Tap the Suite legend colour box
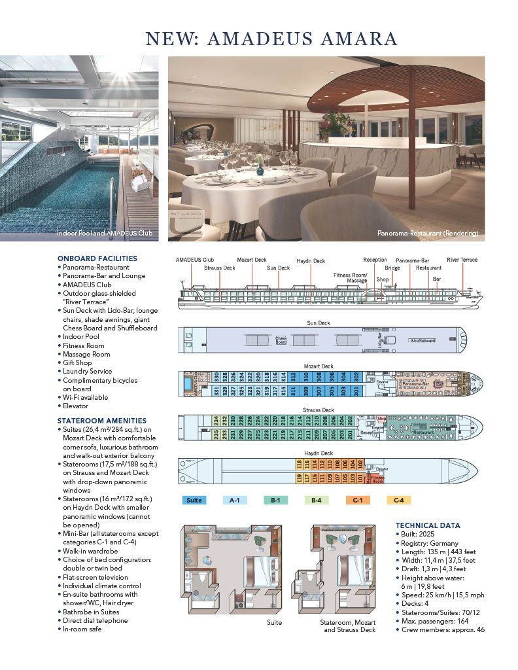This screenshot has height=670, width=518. point(194,501)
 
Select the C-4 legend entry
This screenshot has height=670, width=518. point(398,501)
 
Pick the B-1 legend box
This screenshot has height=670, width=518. point(275,501)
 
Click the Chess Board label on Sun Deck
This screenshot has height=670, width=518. point(281,340)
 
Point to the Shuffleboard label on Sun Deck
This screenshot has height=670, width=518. point(424,341)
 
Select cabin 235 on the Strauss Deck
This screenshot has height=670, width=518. point(216,433)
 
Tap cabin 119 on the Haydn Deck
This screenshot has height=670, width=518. point(300,478)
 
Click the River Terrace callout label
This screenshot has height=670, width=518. point(462,260)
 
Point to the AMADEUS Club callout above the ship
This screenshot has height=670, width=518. point(194,260)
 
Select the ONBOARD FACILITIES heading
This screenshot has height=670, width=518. point(97,258)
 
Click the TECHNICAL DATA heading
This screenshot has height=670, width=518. point(428,525)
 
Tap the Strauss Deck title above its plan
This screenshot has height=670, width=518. point(319,410)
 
